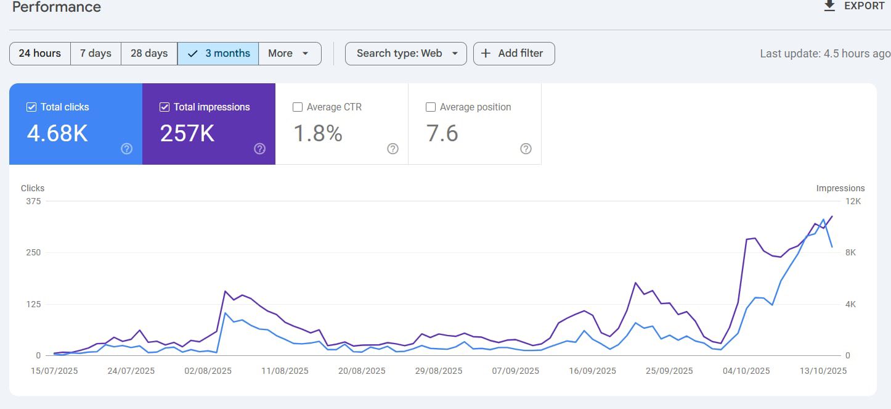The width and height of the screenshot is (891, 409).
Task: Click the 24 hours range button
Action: (40, 53)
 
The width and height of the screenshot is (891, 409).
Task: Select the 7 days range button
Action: (96, 53)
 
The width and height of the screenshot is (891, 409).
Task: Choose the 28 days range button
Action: (149, 53)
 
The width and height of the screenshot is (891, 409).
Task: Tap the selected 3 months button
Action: (219, 53)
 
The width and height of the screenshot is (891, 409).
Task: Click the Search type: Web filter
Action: (405, 53)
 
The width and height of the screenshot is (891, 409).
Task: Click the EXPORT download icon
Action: (829, 6)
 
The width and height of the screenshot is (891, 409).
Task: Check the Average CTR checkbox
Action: (298, 107)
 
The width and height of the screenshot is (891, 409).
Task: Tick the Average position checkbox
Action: (431, 107)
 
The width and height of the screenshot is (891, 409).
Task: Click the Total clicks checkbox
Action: (31, 107)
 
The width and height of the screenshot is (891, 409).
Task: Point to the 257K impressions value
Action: (187, 133)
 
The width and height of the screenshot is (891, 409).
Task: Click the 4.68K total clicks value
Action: (57, 133)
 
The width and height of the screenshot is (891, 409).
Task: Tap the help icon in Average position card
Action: (526, 149)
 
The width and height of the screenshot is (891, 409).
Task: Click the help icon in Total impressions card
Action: (259, 149)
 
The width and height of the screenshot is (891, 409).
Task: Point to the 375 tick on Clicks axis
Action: (34, 201)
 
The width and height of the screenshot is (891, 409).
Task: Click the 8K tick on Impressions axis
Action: (851, 252)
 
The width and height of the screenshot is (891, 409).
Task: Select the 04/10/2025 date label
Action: (747, 371)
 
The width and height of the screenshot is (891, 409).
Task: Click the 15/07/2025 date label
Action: (54, 371)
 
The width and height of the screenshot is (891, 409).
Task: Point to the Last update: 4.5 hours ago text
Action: (824, 54)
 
